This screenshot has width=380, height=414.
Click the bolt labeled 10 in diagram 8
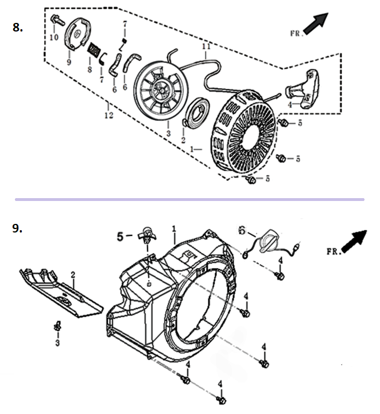point(57,20)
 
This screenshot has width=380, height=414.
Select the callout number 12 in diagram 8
point(108,115)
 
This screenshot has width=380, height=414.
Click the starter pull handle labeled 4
point(303,89)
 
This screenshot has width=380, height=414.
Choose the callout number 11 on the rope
point(206,46)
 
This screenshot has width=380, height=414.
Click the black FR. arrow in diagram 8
point(316,23)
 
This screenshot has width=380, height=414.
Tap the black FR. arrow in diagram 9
point(354,241)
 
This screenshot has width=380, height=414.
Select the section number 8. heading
point(17,27)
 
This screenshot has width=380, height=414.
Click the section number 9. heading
point(17,228)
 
